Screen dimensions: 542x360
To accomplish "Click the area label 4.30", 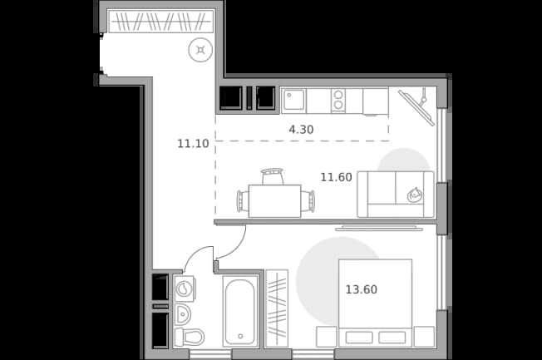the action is tap(301, 130).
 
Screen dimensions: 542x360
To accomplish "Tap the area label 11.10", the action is tap(193, 144).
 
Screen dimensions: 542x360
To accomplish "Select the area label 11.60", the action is tap(336, 177).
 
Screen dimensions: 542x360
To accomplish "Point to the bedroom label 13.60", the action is tap(362, 289).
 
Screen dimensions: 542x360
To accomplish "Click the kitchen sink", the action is tap(293, 101).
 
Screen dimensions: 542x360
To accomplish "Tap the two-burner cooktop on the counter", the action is tap(338, 101).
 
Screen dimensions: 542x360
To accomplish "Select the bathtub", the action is tap(240, 311).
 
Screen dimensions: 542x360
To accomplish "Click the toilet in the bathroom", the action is tap(189, 338).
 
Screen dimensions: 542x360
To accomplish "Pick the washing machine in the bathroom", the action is tap(185, 288).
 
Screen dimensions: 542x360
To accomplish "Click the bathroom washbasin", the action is tap(183, 314).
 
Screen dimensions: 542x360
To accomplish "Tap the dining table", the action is tap(275, 201).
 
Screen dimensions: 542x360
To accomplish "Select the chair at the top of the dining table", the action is tap(273, 177).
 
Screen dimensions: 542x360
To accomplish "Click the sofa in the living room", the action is tap(396, 195).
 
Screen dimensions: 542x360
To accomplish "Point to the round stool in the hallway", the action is tap(200, 50).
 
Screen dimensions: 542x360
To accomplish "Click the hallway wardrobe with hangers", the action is tap(161, 21).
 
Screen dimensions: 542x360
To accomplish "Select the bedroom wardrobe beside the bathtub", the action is tap(277, 308).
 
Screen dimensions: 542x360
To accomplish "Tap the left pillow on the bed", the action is tap(359, 338).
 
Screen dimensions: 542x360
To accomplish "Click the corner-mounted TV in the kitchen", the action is tap(416, 107).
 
